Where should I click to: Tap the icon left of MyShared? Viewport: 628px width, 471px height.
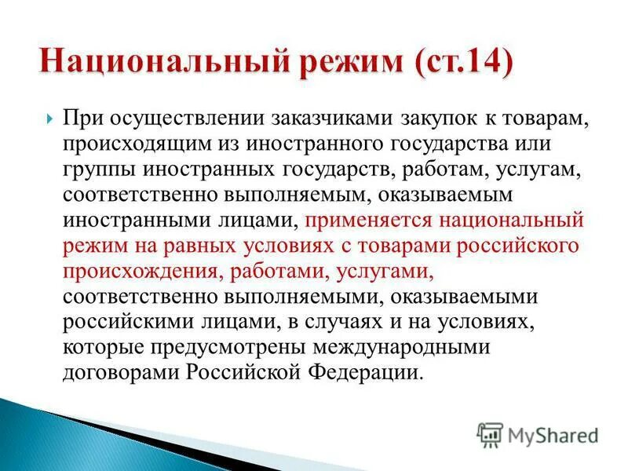click(490, 434)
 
